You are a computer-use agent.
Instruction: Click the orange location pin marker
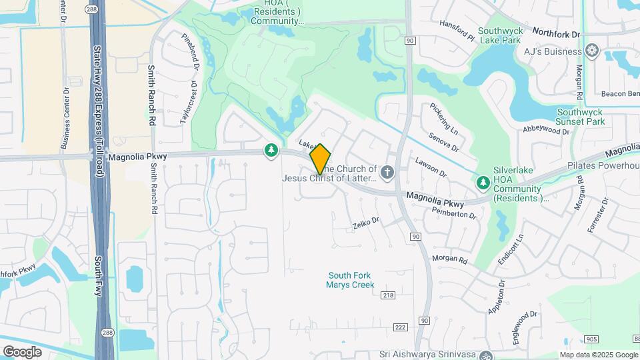(321, 159)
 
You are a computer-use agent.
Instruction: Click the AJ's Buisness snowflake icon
(591, 51)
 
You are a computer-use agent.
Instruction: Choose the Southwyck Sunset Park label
(580, 117)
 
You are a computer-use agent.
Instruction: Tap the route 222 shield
(400, 327)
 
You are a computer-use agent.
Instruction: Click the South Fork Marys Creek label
(350, 280)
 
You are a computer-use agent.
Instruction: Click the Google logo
(22, 351)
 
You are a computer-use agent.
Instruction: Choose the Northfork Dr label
(556, 32)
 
